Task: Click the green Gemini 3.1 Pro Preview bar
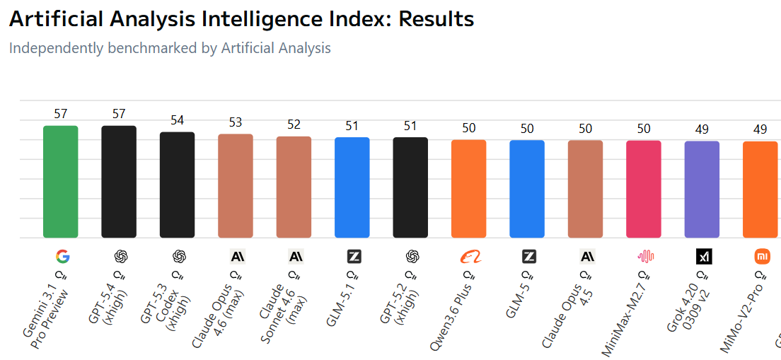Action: (x=61, y=182)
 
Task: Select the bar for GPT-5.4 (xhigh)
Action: (x=119, y=182)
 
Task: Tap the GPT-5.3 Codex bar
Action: (x=177, y=185)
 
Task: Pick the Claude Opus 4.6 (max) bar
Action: (x=236, y=185)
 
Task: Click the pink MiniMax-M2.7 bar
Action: (x=644, y=189)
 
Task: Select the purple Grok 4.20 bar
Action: (x=702, y=190)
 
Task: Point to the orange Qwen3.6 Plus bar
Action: (x=469, y=189)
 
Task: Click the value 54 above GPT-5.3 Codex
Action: (x=177, y=120)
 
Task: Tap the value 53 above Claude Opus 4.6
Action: (x=236, y=122)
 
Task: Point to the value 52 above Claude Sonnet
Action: (x=294, y=124)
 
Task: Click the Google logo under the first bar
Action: (x=62, y=256)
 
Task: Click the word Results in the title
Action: (x=436, y=19)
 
